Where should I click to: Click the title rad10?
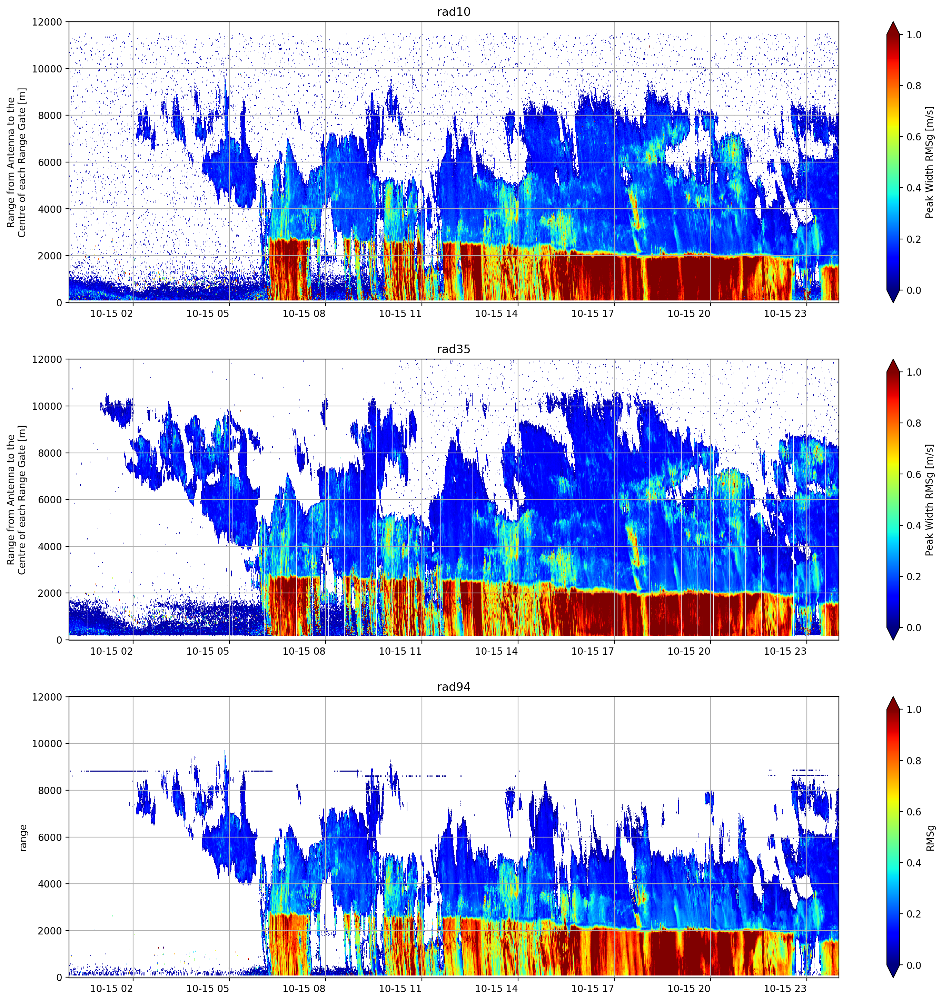click(453, 12)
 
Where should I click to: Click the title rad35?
click(453, 349)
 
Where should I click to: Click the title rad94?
click(453, 687)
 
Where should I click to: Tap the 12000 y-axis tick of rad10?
click(47, 22)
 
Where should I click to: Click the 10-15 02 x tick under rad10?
click(111, 314)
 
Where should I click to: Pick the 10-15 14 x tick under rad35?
click(496, 651)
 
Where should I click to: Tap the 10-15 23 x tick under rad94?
click(785, 989)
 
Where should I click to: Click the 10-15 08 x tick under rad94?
click(304, 989)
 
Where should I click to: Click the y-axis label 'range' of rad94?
click(23, 838)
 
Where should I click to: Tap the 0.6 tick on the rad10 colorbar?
click(914, 137)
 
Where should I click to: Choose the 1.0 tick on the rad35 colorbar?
click(914, 372)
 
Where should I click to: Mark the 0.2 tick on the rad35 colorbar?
click(914, 576)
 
